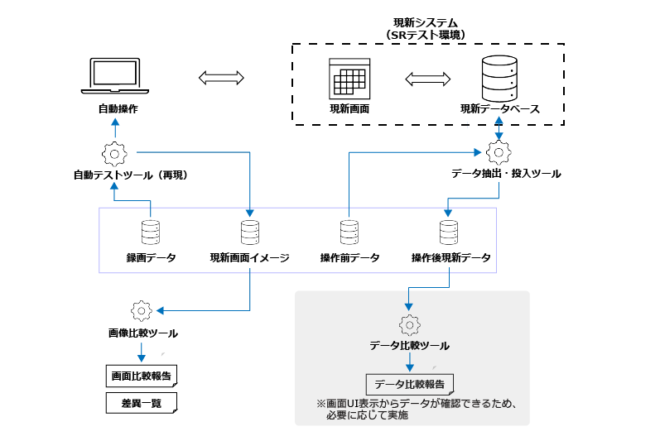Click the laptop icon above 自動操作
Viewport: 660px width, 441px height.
coord(115,77)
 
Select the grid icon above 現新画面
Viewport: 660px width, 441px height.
coord(347,79)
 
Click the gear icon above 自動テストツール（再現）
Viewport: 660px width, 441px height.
coord(113,153)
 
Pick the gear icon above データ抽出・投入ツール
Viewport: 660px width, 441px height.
coord(499,152)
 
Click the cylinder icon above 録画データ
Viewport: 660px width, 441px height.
coord(151,231)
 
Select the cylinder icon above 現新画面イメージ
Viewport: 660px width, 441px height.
coord(249,231)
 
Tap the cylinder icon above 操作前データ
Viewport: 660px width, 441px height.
coord(349,231)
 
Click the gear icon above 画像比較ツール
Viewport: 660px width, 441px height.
coord(141,310)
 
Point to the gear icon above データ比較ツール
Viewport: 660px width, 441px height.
coord(408,324)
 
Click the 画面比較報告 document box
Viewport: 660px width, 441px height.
coord(142,376)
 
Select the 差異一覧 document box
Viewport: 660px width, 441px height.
coord(142,403)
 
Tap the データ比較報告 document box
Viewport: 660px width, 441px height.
coord(410,384)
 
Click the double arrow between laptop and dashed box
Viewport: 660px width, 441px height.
coord(221,79)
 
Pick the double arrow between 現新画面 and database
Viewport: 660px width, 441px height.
coord(428,79)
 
